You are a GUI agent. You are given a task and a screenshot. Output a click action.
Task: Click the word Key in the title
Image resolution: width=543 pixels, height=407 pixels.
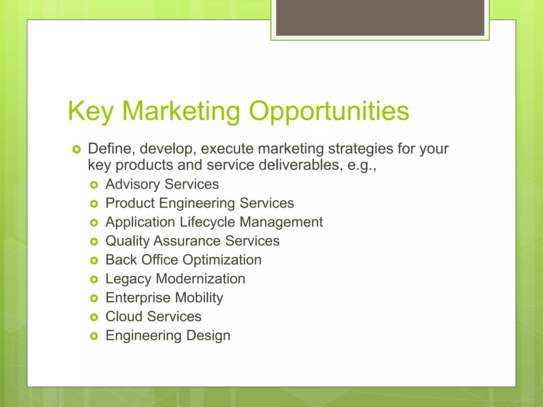click(x=91, y=111)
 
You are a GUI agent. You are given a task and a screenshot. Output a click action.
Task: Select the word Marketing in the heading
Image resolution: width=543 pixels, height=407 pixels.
click(x=181, y=111)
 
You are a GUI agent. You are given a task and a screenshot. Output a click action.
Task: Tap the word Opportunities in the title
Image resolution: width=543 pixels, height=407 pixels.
click(x=329, y=111)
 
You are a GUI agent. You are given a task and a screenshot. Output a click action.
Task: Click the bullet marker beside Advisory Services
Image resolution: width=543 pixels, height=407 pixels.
click(x=94, y=185)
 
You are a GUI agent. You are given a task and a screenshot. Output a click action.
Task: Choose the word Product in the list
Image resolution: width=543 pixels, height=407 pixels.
click(x=130, y=203)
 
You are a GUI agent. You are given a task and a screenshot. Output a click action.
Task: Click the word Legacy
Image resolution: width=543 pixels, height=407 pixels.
click(x=128, y=279)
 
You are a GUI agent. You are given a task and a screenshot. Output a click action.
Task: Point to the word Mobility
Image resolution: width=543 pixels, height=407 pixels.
click(x=199, y=298)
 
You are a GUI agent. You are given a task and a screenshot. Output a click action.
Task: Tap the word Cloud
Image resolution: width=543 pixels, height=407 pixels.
click(x=124, y=316)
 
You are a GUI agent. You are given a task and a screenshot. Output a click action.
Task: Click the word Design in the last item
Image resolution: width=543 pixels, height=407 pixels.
click(x=208, y=336)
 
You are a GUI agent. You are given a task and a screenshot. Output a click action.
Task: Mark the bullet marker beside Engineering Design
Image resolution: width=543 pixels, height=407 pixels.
click(x=94, y=336)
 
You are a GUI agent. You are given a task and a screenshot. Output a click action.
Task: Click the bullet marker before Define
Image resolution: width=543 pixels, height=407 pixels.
click(x=76, y=150)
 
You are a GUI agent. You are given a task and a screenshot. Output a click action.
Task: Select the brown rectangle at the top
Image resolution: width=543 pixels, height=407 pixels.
click(x=380, y=17)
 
